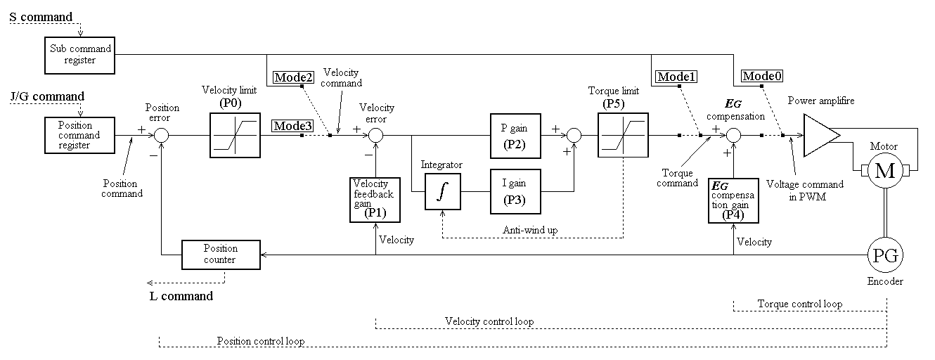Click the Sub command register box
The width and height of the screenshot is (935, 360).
pyautogui.click(x=79, y=56)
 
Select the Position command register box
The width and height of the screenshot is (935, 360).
pyautogui.click(x=79, y=135)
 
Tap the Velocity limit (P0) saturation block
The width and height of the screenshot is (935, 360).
pyautogui.click(x=235, y=135)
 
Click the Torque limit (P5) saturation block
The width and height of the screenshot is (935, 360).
pyautogui.click(x=623, y=135)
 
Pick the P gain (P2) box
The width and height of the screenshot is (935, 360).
pyautogui.click(x=515, y=136)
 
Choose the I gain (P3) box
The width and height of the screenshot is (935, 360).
pyautogui.click(x=515, y=191)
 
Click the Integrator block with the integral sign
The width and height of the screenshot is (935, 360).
pyautogui.click(x=443, y=192)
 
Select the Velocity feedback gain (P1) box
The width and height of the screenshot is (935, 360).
pyautogui.click(x=375, y=200)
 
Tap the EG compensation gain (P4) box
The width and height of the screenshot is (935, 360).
pyautogui.click(x=733, y=201)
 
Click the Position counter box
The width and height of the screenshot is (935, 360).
pyautogui.click(x=221, y=255)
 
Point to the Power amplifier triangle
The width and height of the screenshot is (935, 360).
pyautogui.click(x=821, y=135)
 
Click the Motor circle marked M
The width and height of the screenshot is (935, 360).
pyautogui.click(x=885, y=170)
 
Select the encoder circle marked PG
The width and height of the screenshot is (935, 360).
pyautogui.click(x=885, y=255)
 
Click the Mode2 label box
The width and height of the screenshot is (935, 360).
pyautogui.click(x=293, y=77)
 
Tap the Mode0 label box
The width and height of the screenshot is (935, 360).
pyautogui.click(x=762, y=76)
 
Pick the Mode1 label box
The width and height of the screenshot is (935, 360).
pyautogui.click(x=676, y=77)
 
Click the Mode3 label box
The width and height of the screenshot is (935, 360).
pyautogui.click(x=292, y=126)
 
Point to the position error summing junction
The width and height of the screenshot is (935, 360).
pyautogui.click(x=162, y=135)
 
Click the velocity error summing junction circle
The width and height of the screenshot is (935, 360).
pyautogui.click(x=375, y=135)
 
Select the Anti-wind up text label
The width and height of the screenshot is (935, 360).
pyautogui.click(x=530, y=230)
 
